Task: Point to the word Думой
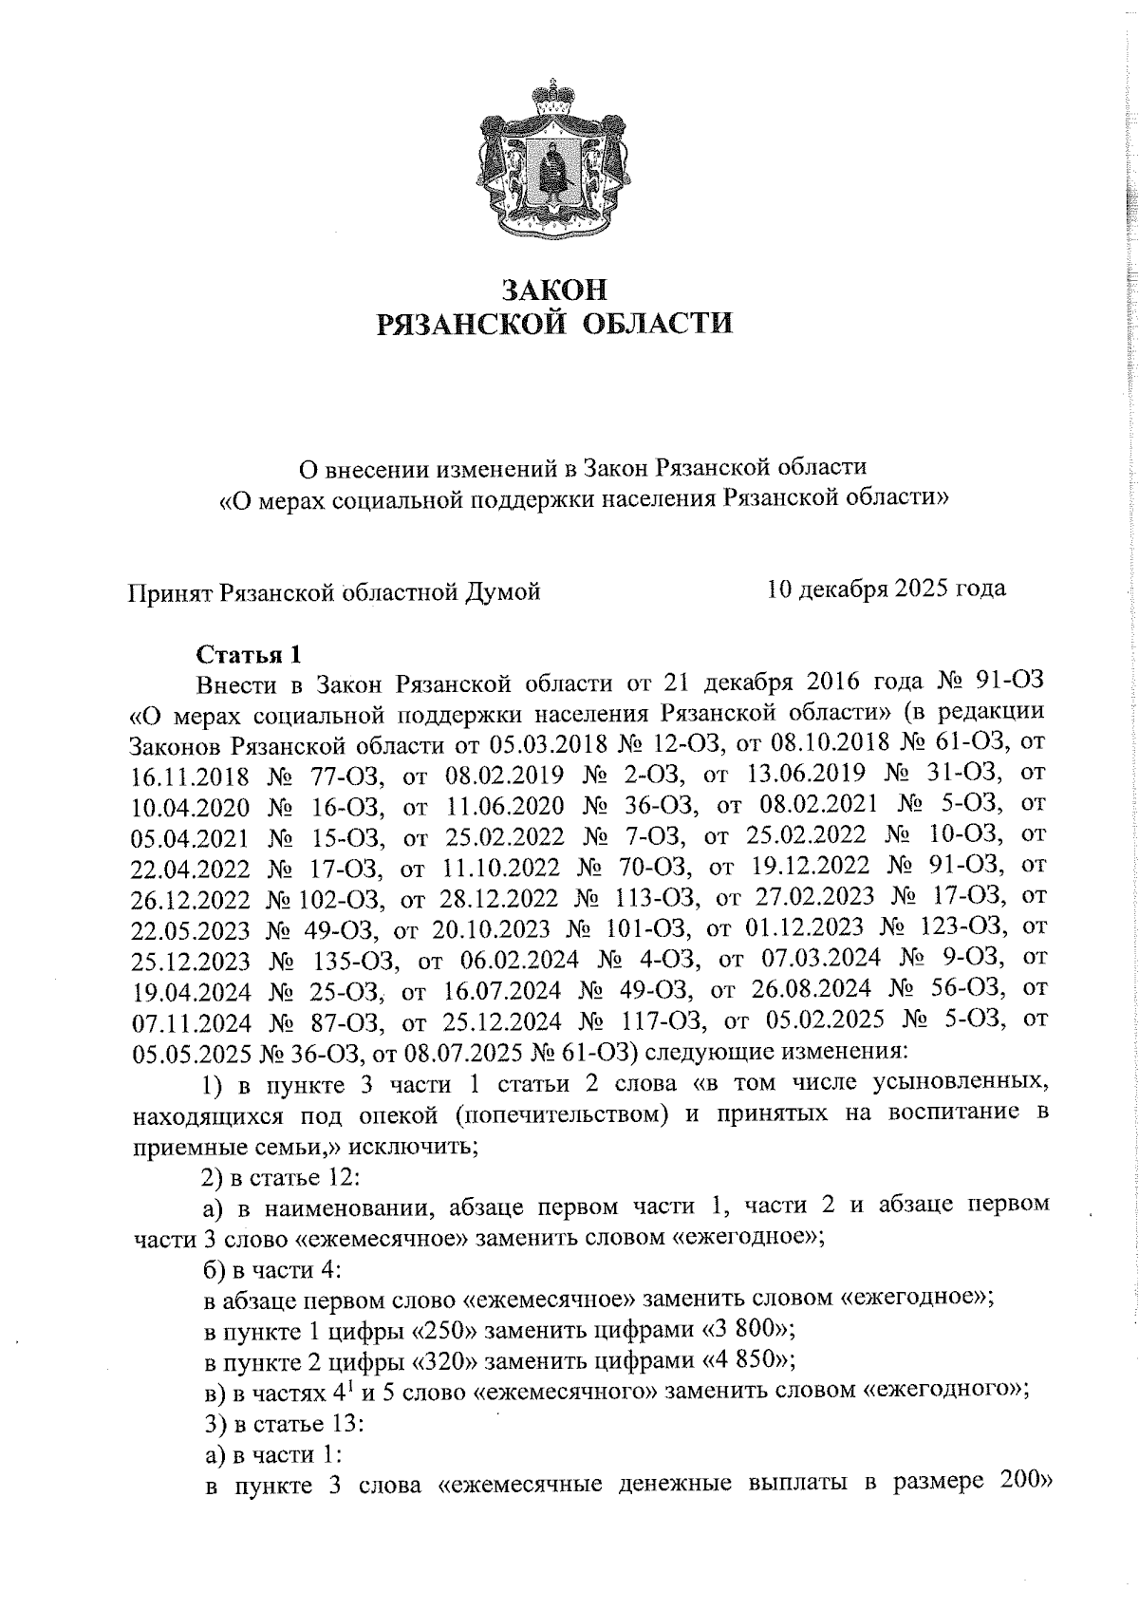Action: (x=501, y=592)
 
